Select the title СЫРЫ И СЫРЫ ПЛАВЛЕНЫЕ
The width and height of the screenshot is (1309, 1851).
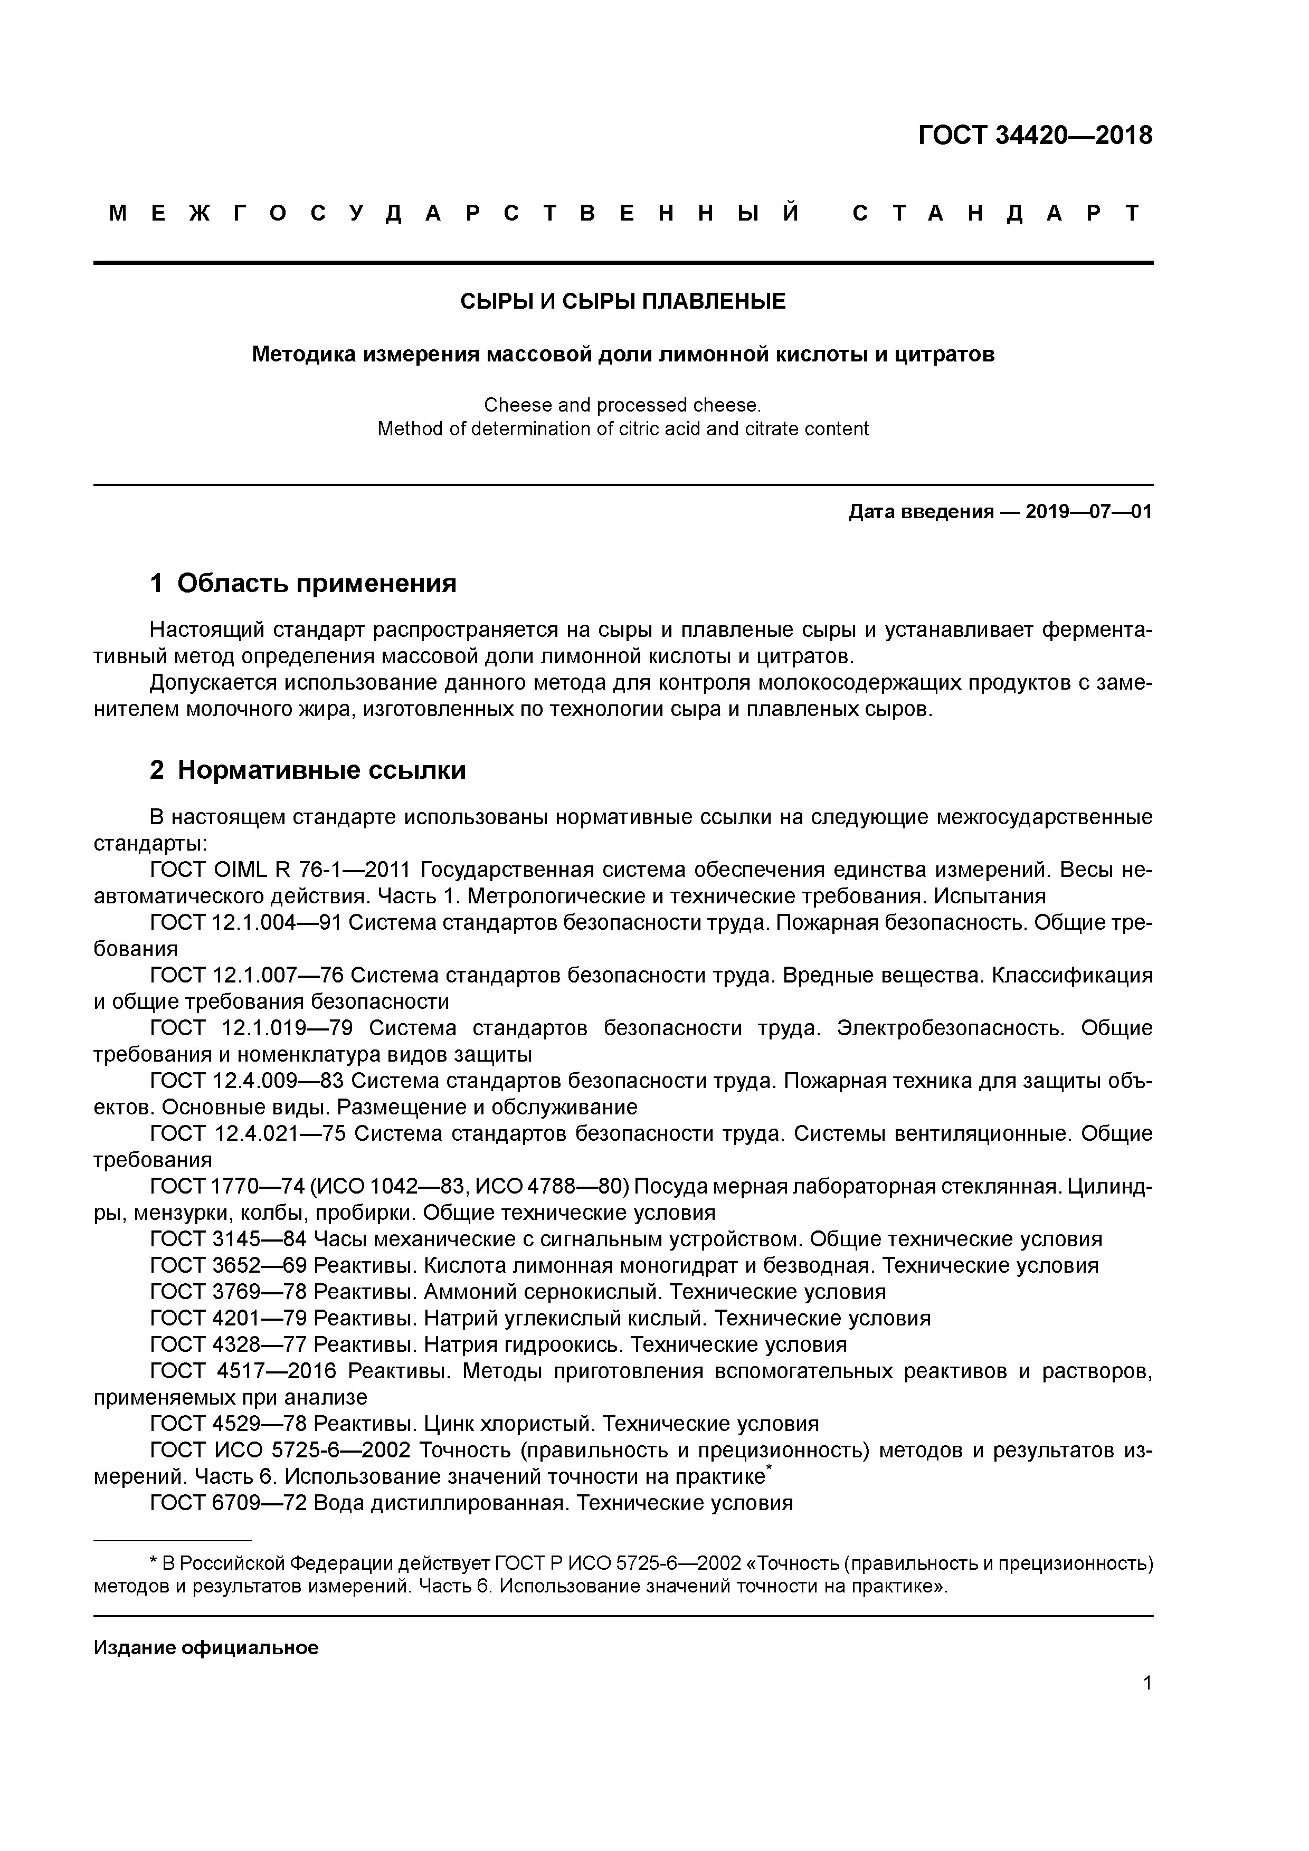pyautogui.click(x=623, y=301)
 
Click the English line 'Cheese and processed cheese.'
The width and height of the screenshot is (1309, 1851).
pyautogui.click(x=623, y=405)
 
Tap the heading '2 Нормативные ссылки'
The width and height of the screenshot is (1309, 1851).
pyautogui.click(x=308, y=770)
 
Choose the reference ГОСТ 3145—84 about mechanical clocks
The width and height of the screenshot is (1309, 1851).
pyautogui.click(x=228, y=1239)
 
